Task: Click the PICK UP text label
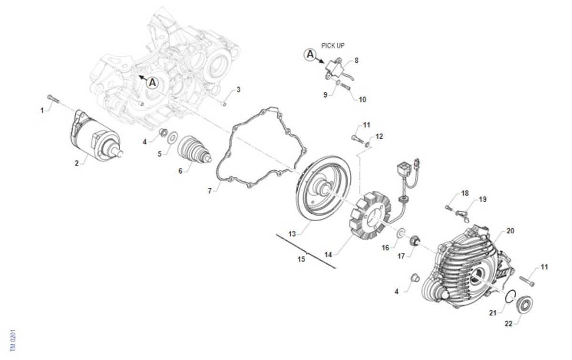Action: [333, 46]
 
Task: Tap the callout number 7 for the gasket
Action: [210, 191]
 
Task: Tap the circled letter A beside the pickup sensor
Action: [310, 54]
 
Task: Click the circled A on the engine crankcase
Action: [153, 83]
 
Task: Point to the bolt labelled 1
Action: [53, 99]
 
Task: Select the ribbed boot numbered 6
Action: [194, 149]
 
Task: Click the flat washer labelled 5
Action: [173, 137]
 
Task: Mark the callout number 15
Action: [301, 259]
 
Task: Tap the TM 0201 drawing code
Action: [13, 340]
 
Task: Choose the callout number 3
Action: [238, 90]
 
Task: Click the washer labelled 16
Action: [401, 233]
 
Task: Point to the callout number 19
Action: [482, 199]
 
